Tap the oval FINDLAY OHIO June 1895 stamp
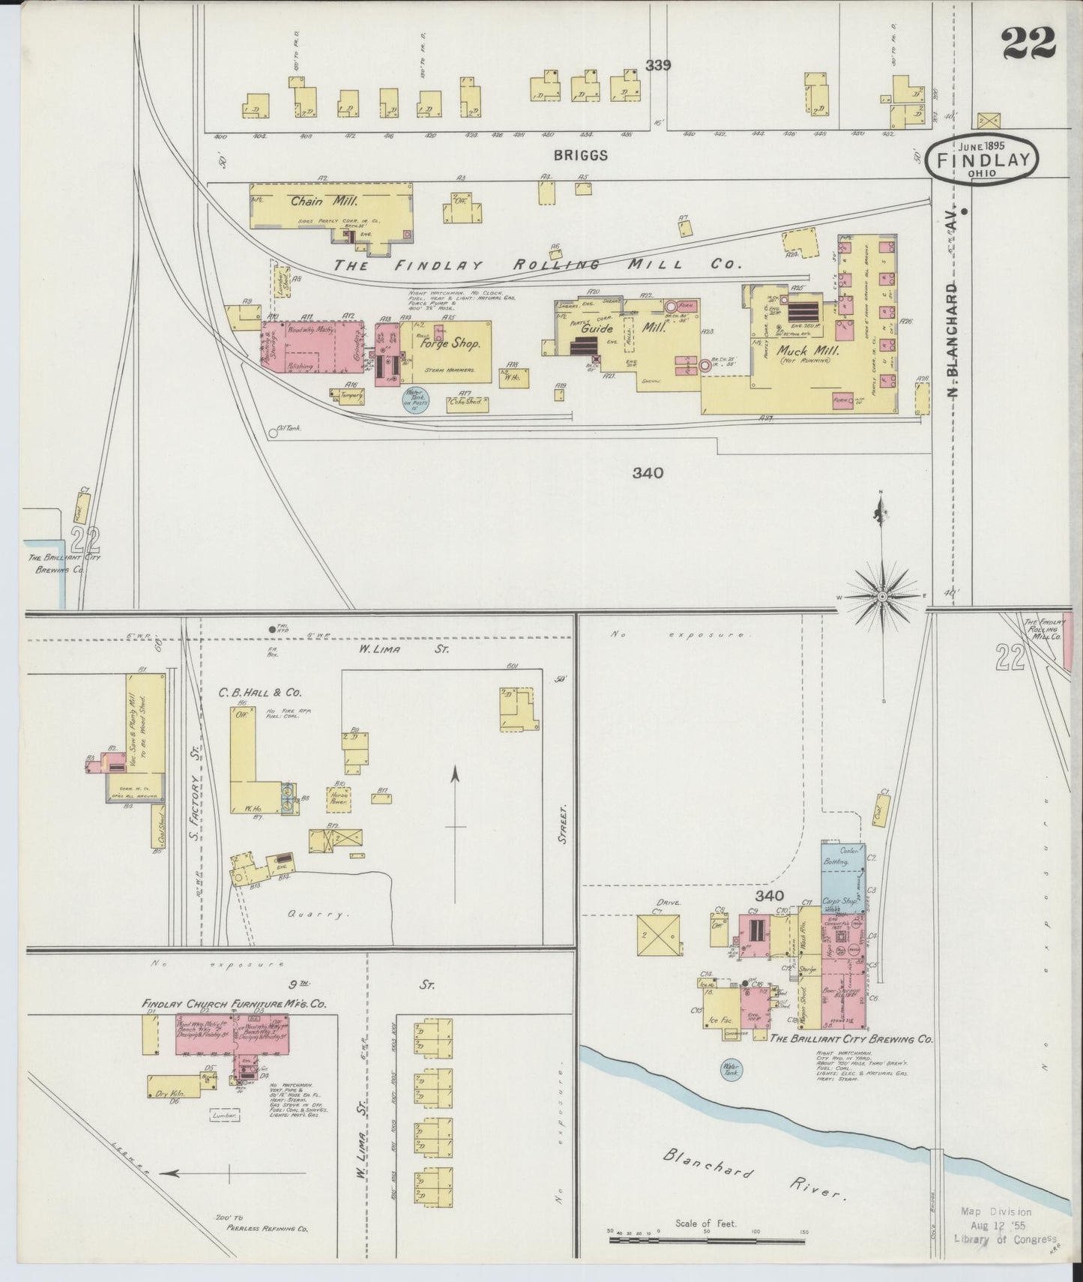click(x=982, y=159)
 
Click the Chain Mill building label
click(x=314, y=201)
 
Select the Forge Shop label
click(x=449, y=343)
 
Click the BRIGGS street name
click(x=581, y=155)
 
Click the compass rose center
click(x=882, y=597)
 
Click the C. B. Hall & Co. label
click(x=250, y=693)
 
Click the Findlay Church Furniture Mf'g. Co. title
click(x=234, y=1003)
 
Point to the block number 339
click(x=658, y=65)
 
